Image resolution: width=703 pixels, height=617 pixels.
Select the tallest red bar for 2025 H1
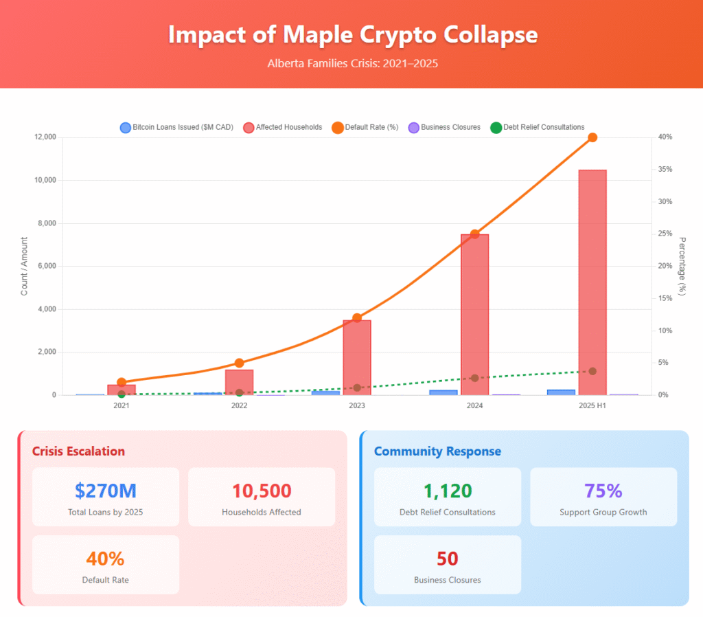[x=592, y=282]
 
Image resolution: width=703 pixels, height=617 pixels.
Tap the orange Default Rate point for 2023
[x=357, y=317]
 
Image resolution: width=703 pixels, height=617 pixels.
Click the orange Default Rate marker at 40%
[x=592, y=137]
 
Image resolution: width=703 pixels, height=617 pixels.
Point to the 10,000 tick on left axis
[x=45, y=180]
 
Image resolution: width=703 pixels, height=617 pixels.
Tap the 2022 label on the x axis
[x=239, y=406]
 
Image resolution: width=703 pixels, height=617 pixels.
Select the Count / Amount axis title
[x=25, y=266]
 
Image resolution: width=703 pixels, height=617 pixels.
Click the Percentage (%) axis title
[x=682, y=266]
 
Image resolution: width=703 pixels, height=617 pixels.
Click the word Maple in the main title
[x=290, y=35]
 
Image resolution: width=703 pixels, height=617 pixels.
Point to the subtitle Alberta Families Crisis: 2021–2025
[x=352, y=63]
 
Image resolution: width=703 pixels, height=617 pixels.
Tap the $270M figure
[x=106, y=491]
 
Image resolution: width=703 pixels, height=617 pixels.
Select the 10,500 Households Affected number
[x=262, y=491]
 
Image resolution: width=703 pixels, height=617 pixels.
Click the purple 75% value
[x=603, y=491]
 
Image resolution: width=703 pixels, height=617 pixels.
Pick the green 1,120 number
[x=448, y=491]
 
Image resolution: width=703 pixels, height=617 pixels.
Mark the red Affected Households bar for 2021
[x=122, y=390]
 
